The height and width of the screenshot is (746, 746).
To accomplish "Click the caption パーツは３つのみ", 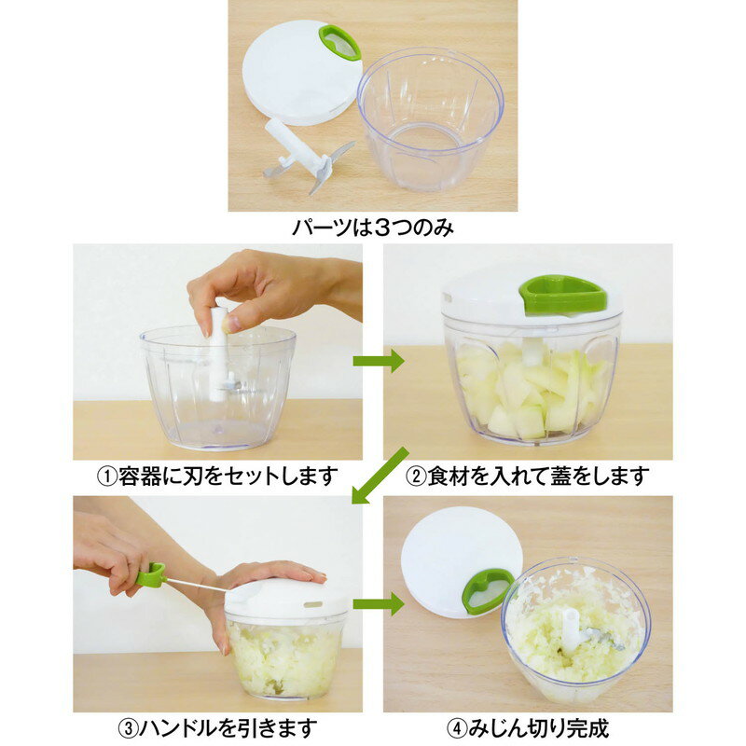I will [373, 228].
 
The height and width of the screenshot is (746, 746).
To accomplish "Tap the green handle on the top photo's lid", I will [339, 41].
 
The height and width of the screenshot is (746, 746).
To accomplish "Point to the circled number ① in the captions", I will [107, 477].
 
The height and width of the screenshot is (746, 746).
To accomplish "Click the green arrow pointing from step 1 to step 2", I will [378, 361].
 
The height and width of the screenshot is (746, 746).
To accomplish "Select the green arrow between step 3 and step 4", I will [378, 603].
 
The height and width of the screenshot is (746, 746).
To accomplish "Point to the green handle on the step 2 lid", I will [562, 293].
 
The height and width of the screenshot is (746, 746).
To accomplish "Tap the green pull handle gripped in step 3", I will [150, 575].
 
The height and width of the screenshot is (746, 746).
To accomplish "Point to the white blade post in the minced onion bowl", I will [570, 629].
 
